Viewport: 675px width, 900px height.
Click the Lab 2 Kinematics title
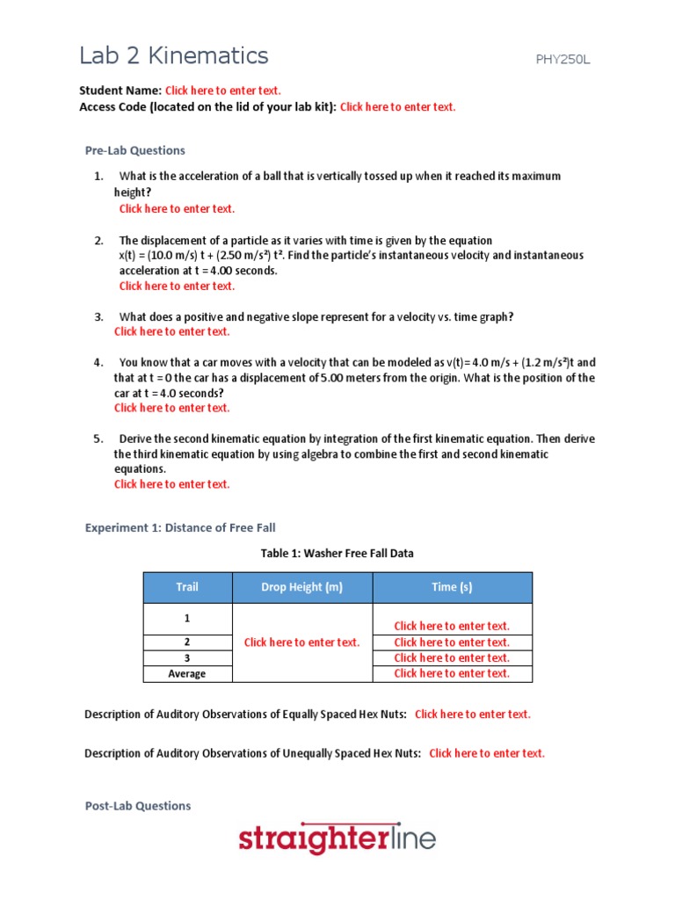pyautogui.click(x=173, y=56)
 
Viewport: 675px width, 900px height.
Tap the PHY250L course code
pyautogui.click(x=569, y=60)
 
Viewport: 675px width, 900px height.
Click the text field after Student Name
pyautogui.click(x=222, y=91)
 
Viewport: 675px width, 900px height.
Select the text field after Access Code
pyautogui.click(x=397, y=107)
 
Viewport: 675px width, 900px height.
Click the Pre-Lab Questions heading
pyautogui.click(x=134, y=150)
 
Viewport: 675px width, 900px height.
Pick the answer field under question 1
pyautogui.click(x=177, y=209)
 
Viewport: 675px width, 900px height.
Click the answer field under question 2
pyautogui.click(x=177, y=287)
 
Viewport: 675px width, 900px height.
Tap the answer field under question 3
pyautogui.click(x=171, y=332)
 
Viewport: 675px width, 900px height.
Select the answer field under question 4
pyautogui.click(x=171, y=408)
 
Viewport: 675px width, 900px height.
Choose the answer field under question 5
pyautogui.click(x=171, y=484)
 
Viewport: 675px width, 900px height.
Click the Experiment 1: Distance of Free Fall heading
pyautogui.click(x=179, y=527)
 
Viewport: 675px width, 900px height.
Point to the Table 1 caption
pyautogui.click(x=337, y=554)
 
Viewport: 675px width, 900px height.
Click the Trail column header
pyautogui.click(x=187, y=588)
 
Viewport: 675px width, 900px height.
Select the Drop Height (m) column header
pyautogui.click(x=301, y=588)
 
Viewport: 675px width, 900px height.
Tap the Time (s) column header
pyautogui.click(x=452, y=588)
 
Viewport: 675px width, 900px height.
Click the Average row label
pyautogui.click(x=187, y=674)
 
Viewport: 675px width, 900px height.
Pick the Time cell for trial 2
pyautogui.click(x=452, y=642)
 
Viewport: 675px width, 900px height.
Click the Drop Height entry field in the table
pyautogui.click(x=301, y=642)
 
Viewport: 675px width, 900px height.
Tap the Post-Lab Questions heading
pyautogui.click(x=137, y=806)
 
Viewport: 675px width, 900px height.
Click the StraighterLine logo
pyautogui.click(x=337, y=839)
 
